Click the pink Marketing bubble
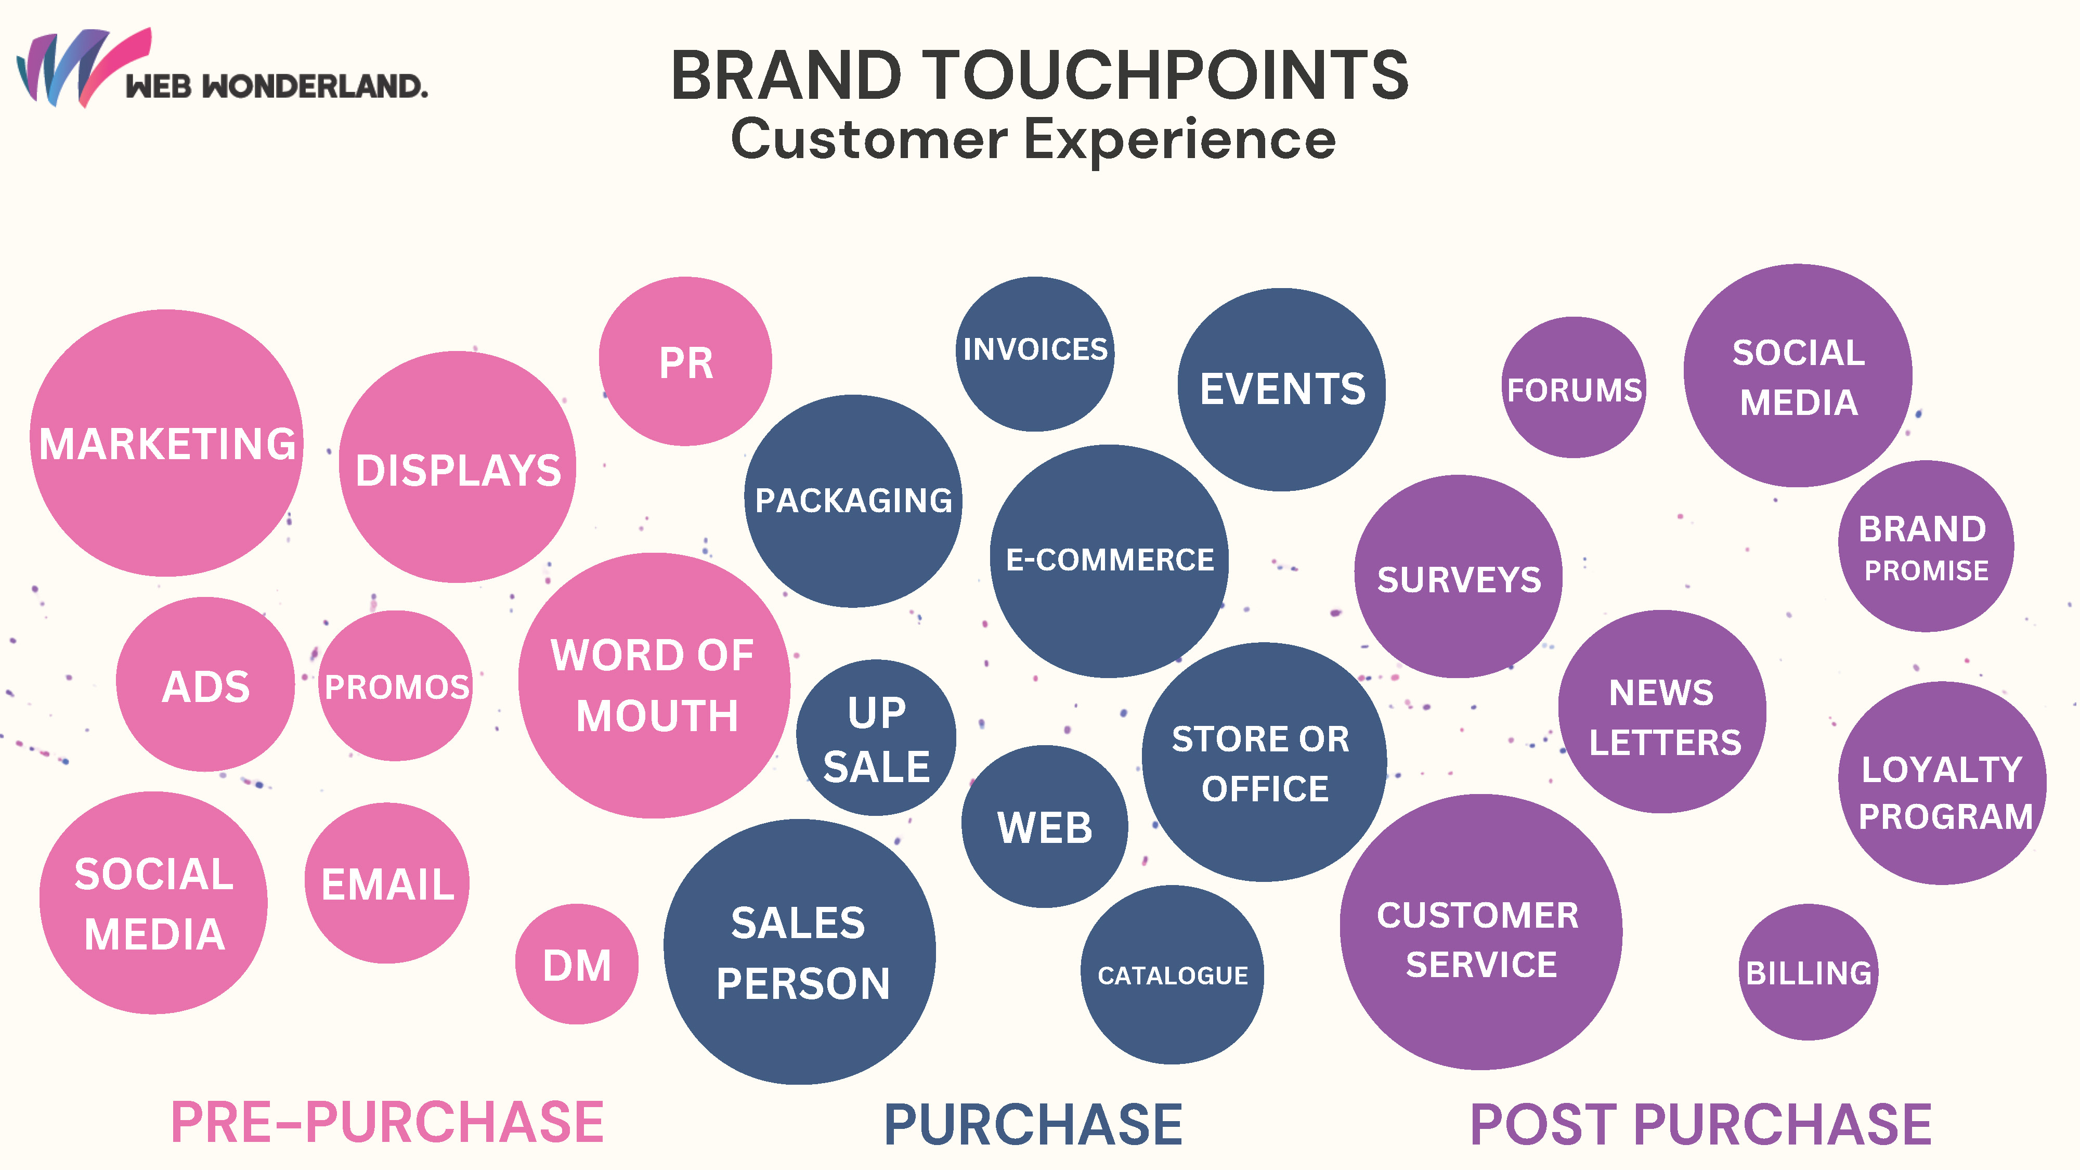coord(166,443)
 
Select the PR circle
coord(685,361)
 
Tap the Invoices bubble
coord(1035,354)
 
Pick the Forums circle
coord(1574,387)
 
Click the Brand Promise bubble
coord(1926,546)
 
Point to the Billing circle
coord(1809,972)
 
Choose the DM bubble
coord(577,964)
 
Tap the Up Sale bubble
coord(876,737)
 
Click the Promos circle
coord(396,685)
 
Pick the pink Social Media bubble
coord(153,903)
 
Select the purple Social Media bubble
coord(1798,375)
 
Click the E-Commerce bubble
coord(1110,561)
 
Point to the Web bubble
coord(1045,826)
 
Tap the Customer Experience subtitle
coord(1034,140)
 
